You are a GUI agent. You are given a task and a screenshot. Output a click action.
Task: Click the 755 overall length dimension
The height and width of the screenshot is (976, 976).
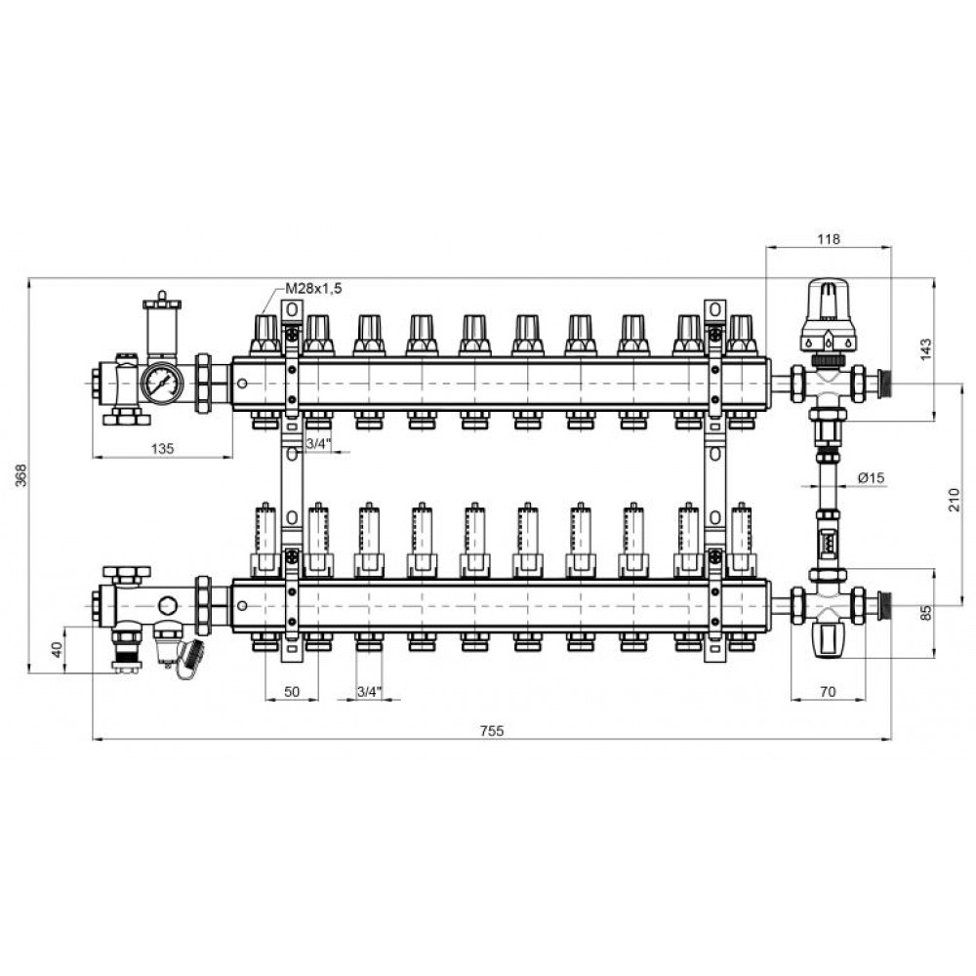[492, 731]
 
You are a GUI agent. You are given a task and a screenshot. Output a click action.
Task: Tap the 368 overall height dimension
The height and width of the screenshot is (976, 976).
[21, 475]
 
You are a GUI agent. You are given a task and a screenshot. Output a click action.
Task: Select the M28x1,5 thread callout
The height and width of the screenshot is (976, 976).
[313, 288]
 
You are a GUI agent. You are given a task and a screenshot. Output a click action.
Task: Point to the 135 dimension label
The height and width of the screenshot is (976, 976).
[162, 448]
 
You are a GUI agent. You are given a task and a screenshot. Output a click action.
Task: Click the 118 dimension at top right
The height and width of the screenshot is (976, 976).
[829, 239]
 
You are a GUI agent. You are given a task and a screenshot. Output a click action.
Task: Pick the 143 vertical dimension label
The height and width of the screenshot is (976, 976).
[925, 349]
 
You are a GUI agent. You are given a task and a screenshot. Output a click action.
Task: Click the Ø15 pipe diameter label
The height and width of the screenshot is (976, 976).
[871, 477]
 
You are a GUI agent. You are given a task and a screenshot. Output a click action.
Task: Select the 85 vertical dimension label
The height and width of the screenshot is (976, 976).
[925, 613]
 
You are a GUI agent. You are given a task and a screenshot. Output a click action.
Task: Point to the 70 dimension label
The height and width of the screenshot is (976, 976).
[828, 692]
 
